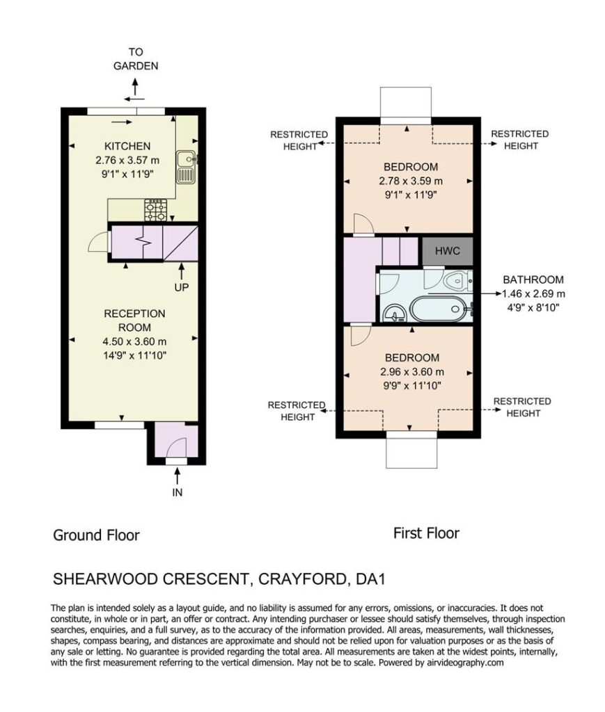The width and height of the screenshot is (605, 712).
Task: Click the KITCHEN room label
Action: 127,146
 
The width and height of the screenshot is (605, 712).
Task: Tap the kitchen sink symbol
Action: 186,167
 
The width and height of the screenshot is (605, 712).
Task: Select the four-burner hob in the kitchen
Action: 155,210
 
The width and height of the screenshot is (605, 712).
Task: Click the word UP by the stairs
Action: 182,287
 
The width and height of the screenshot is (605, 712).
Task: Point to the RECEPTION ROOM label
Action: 134,321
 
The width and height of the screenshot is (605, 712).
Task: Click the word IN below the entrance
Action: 178,493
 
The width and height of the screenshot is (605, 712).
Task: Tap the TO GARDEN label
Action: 136,59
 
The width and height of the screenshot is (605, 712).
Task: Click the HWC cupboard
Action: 448,250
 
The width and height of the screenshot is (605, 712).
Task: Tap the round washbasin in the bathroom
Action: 394,312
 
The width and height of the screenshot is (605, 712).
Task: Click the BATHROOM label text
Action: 533,280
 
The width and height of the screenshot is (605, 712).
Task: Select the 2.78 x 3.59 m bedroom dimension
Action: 411,181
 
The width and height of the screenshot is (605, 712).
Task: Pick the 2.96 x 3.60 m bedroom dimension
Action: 412,372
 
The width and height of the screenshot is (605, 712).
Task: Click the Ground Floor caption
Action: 96,535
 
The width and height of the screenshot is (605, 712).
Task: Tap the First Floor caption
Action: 426,533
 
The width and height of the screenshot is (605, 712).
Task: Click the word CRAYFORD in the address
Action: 304,579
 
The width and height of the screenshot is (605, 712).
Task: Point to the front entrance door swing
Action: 176,448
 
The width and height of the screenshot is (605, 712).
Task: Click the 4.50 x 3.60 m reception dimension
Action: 134,341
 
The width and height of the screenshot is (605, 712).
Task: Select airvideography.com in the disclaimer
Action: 465,663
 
